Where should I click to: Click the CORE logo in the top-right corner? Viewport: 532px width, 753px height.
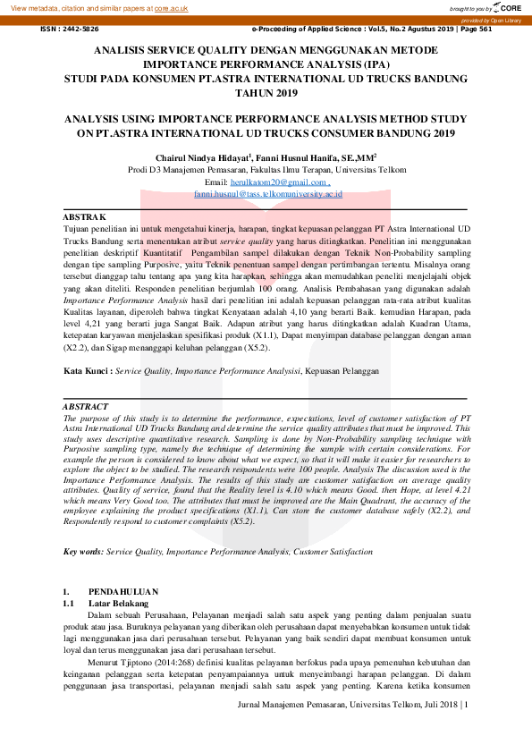point(509,7)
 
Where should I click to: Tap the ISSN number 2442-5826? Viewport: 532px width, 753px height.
point(81,29)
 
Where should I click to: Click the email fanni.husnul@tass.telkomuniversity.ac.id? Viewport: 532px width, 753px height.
point(267,193)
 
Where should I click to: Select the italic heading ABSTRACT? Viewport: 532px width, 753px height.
point(86,407)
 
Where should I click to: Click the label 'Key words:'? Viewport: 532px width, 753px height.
point(83,552)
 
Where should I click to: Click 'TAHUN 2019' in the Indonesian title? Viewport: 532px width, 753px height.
point(266,92)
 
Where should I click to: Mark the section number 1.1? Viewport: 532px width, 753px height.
point(68,604)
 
